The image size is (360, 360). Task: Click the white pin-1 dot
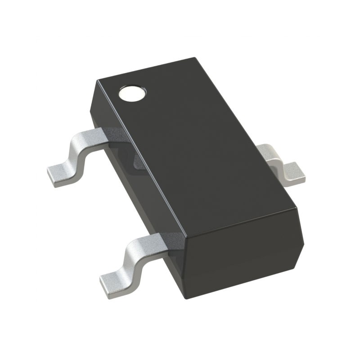click(132, 93)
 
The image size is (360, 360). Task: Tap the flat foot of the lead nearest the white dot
click(61, 175)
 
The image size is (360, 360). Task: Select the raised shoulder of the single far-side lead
click(269, 152)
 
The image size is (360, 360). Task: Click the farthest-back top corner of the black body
click(194, 58)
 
